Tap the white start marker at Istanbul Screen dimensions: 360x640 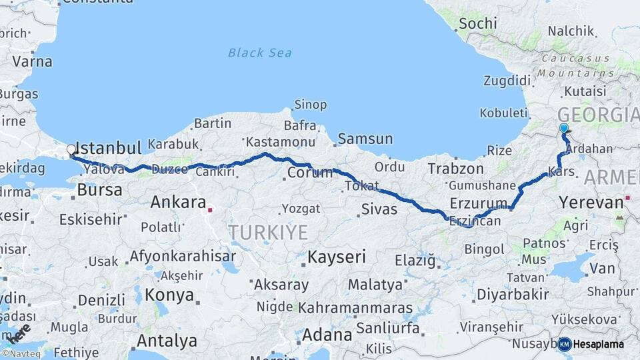[x=71, y=150]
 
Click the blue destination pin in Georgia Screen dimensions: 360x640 [x=564, y=129]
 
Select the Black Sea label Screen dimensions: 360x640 [x=260, y=53]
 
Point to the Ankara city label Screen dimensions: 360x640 [x=178, y=201]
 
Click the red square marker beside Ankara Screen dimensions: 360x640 [x=210, y=210]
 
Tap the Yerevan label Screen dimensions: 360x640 [x=591, y=201]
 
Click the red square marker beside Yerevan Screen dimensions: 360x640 [x=627, y=199]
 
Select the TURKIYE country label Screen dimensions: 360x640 [x=269, y=232]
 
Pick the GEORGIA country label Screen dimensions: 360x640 [x=597, y=114]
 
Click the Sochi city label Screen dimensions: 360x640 [x=477, y=23]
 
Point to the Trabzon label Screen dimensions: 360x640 [x=455, y=168]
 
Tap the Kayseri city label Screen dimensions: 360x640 [x=337, y=257]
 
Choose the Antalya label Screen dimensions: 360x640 [x=167, y=341]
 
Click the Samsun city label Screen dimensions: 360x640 [x=365, y=139]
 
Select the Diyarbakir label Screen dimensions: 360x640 [x=513, y=294]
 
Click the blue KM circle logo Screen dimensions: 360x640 [x=565, y=344]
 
